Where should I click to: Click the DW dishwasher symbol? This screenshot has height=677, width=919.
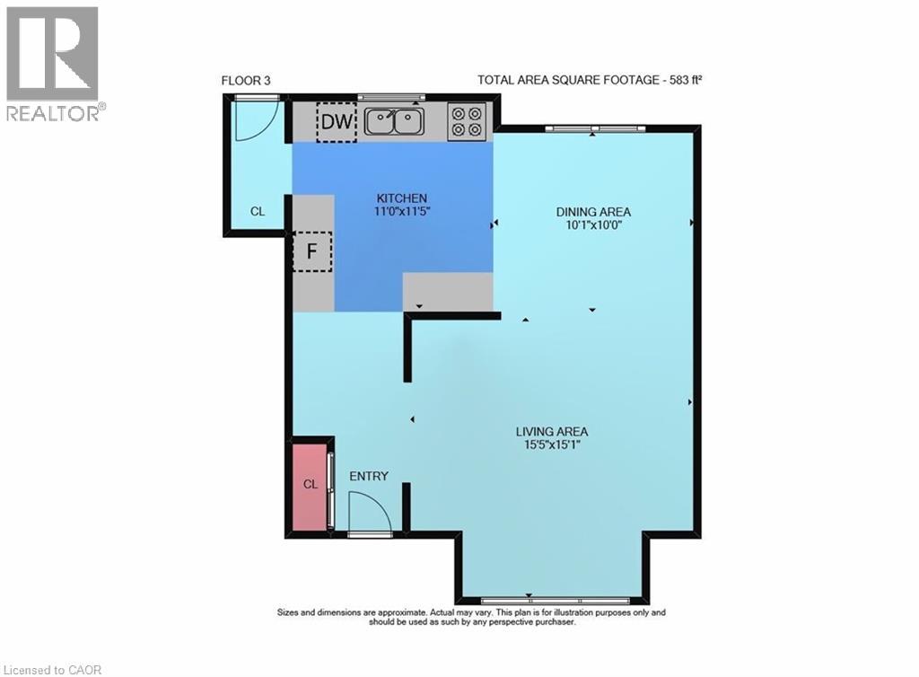pos(337,122)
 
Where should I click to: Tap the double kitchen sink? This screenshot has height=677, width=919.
pos(394,122)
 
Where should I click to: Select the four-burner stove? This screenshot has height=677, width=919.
pos(467,121)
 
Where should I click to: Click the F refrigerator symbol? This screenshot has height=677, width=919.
pos(312,251)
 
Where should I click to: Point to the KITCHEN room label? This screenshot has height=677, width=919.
pos(401,198)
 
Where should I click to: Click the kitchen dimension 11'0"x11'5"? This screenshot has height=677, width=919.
pos(402,211)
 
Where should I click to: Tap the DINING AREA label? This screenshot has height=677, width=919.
pos(593,212)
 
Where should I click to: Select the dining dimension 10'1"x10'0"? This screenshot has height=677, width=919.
pos(592,224)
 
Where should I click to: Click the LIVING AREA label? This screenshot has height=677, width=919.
pos(552,431)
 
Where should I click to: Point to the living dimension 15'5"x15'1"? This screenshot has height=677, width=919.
pos(552,444)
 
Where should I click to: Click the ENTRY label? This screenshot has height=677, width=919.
pos(369,476)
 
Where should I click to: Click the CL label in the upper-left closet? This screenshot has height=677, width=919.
pos(258,211)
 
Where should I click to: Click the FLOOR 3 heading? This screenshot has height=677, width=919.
pos(246,81)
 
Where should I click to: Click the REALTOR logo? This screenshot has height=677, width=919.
pos(53,64)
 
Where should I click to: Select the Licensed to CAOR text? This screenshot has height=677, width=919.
pos(51,670)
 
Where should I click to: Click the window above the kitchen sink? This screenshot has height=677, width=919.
pos(391,97)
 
